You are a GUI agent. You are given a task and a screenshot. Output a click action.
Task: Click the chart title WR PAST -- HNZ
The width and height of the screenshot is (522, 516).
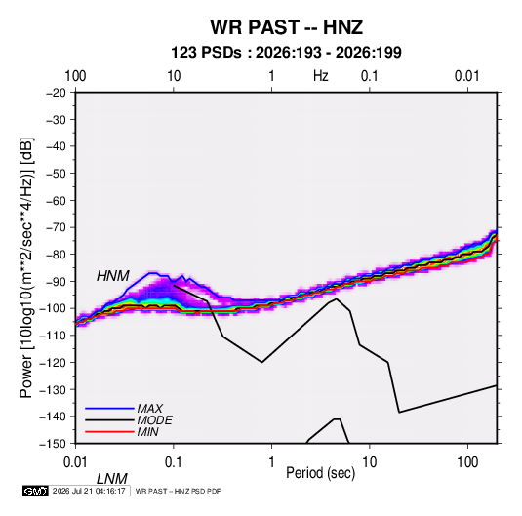point(286,27)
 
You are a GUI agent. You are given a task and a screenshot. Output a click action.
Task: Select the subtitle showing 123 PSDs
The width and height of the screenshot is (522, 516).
point(286,53)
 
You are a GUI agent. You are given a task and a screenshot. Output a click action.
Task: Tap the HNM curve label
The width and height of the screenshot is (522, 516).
point(113,276)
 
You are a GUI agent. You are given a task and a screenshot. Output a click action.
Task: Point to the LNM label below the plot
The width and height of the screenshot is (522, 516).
point(112,479)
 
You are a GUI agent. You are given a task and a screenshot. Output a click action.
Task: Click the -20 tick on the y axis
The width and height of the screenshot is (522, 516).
point(56,93)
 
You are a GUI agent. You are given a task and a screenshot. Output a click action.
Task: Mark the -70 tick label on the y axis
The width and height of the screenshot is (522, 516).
point(56,227)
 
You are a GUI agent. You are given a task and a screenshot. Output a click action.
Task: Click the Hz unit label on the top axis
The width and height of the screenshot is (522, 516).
point(321,76)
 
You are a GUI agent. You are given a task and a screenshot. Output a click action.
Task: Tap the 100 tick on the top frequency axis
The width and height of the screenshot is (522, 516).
point(75,76)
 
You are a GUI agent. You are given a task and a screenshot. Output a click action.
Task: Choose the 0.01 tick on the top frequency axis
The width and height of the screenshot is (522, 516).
point(467,76)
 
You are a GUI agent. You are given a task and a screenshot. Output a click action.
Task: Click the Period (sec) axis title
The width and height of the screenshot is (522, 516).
point(321,473)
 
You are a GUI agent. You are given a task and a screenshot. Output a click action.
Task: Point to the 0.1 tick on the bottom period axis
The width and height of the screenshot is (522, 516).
point(174,462)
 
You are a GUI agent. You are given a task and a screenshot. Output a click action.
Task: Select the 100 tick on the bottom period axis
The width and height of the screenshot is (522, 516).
point(467,462)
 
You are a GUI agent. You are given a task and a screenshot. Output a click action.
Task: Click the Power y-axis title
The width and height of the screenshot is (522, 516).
point(26,268)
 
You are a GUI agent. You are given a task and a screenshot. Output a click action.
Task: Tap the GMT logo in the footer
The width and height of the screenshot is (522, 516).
point(36,491)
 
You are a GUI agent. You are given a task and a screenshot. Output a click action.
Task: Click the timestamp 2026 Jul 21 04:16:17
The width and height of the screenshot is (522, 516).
point(89,491)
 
